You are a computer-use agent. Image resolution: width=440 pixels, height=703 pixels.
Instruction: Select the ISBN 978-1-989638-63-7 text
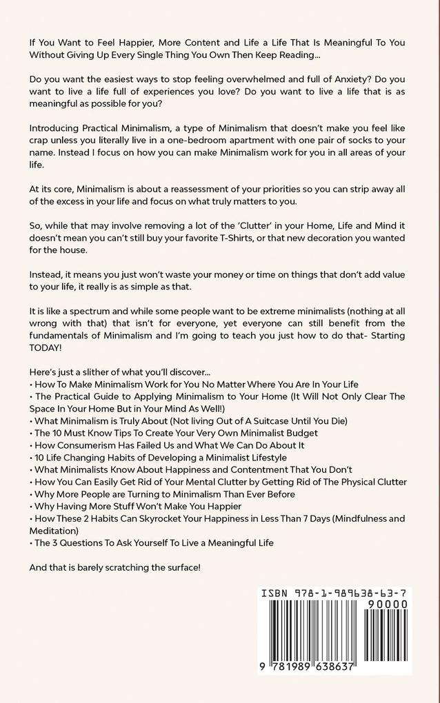[x=334, y=593]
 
